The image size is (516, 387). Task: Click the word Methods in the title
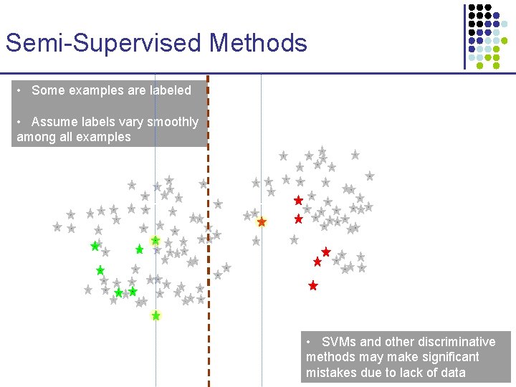(258, 43)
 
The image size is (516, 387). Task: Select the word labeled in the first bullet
(171, 90)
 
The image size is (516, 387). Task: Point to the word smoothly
(173, 122)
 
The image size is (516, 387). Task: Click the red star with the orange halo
(262, 222)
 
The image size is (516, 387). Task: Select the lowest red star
(312, 285)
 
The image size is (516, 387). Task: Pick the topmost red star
(298, 201)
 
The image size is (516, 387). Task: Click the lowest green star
(156, 315)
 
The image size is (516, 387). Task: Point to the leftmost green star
(95, 247)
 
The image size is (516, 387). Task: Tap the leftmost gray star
(57, 226)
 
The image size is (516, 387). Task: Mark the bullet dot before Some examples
(21, 90)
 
